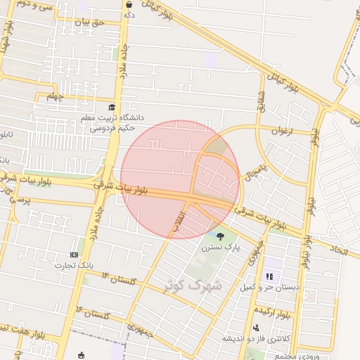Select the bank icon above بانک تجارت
pos(75,254)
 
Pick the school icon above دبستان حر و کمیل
pos(269,276)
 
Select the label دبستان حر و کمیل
pos(269,288)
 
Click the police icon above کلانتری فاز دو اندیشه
pos(255,328)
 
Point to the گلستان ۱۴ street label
pos(117,278)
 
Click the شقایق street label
pos(262,98)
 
